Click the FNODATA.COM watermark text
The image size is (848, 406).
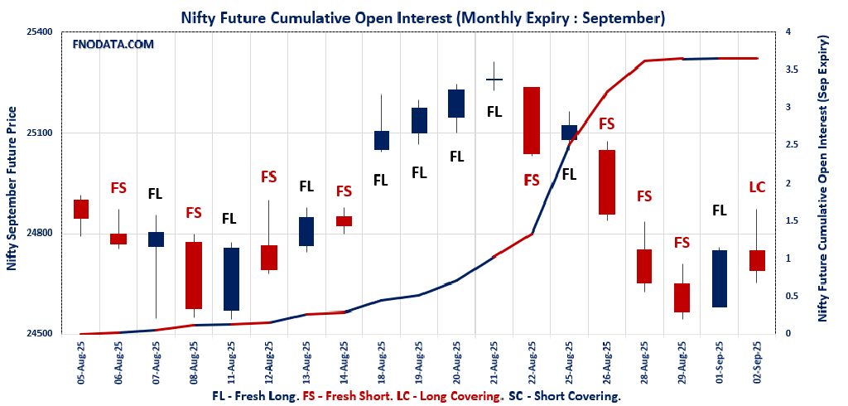pyautogui.click(x=113, y=45)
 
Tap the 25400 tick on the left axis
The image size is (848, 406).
pyautogui.click(x=37, y=32)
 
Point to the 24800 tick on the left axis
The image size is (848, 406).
pyautogui.click(x=37, y=234)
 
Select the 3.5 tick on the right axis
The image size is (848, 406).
pyautogui.click(x=794, y=70)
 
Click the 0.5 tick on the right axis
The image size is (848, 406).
pyautogui.click(x=794, y=297)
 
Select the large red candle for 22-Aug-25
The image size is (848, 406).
pyautogui.click(x=532, y=120)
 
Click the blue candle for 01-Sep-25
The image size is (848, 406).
pyautogui.click(x=719, y=278)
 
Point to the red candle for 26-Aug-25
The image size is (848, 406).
pyautogui.click(x=606, y=182)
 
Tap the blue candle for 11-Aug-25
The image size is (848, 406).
pyautogui.click(x=230, y=279)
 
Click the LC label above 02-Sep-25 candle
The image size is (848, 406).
pyautogui.click(x=757, y=187)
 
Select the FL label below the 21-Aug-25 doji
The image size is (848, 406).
pyautogui.click(x=494, y=111)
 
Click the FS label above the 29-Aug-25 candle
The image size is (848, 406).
pyautogui.click(x=682, y=243)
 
